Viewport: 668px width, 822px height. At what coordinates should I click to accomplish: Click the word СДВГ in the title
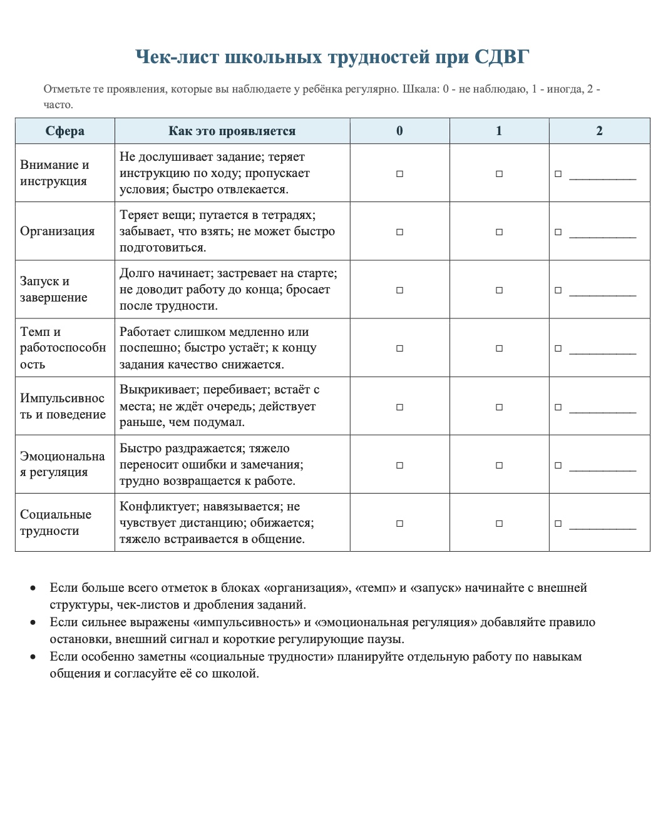pyautogui.click(x=501, y=58)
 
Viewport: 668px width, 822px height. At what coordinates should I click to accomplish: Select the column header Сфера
pyautogui.click(x=65, y=131)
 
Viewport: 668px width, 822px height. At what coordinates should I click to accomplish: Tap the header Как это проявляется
pyautogui.click(x=232, y=131)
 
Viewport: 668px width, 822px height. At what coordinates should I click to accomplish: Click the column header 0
pyautogui.click(x=399, y=131)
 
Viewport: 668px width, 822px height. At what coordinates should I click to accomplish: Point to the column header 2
pyautogui.click(x=599, y=131)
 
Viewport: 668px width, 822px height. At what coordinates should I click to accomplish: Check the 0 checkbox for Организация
pyautogui.click(x=399, y=232)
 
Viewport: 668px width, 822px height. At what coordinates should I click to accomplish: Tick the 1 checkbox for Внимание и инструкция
pyautogui.click(x=499, y=174)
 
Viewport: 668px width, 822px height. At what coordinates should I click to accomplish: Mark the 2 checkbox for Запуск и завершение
pyautogui.click(x=558, y=290)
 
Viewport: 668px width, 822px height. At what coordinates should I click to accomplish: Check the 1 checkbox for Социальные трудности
pyautogui.click(x=499, y=524)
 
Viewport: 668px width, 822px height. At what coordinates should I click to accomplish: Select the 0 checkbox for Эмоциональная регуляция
pyautogui.click(x=399, y=465)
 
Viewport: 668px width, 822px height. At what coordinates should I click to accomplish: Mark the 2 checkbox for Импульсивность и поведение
pyautogui.click(x=558, y=407)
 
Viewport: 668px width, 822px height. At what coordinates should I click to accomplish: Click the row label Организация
pyautogui.click(x=58, y=231)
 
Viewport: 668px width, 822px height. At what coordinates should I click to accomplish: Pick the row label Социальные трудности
pyautogui.click(x=55, y=522)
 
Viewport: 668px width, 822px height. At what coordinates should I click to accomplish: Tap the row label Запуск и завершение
pyautogui.click(x=53, y=289)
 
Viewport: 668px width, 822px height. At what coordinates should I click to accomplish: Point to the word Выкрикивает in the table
pyautogui.click(x=159, y=390)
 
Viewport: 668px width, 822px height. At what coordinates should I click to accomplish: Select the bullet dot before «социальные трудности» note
pyautogui.click(x=33, y=657)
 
